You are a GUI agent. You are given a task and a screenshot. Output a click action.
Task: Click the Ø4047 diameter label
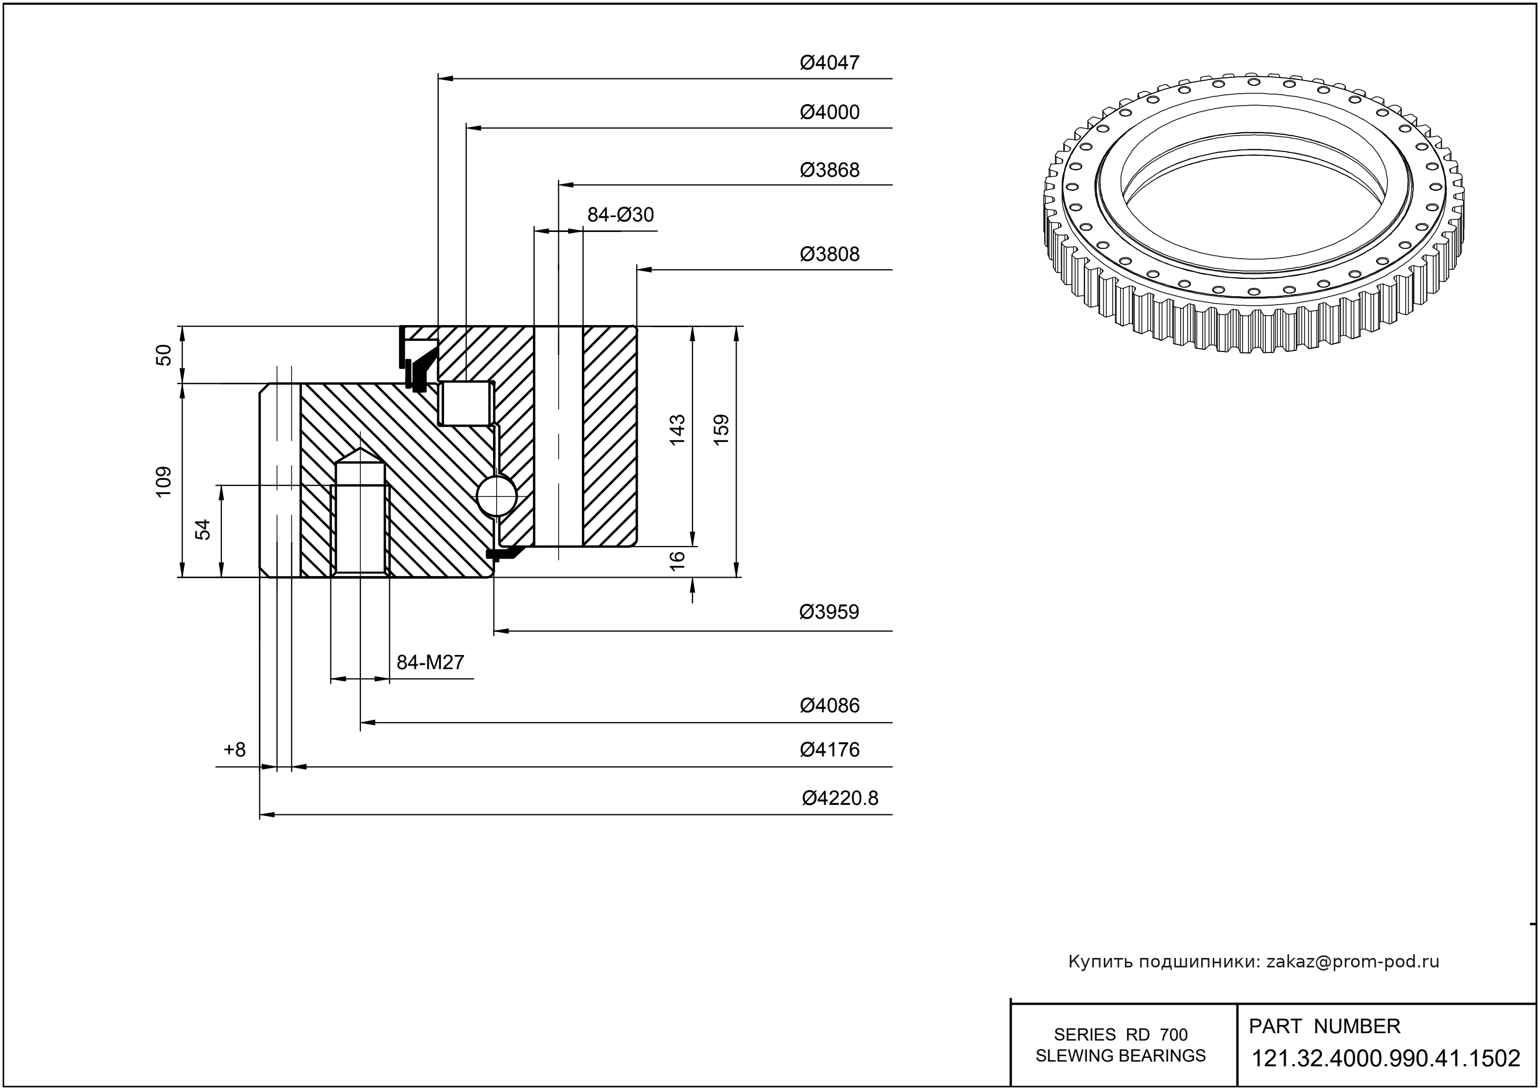(x=829, y=63)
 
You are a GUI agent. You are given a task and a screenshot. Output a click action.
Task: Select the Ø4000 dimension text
(x=829, y=112)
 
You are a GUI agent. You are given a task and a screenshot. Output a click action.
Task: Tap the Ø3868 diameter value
(x=829, y=170)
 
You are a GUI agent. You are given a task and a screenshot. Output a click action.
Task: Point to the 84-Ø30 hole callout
(x=620, y=215)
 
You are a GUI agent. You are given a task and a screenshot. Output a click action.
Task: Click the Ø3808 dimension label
(x=829, y=255)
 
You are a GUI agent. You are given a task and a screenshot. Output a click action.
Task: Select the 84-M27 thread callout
(x=430, y=662)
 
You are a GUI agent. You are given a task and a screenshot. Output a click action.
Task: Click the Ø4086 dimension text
(x=829, y=705)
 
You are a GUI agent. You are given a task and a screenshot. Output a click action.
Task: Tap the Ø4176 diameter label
(x=829, y=749)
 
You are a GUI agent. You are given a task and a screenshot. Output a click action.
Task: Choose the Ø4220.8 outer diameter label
(x=840, y=798)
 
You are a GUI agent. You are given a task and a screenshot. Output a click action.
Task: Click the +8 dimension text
(x=235, y=749)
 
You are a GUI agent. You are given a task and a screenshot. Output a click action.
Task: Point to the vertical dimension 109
(x=164, y=481)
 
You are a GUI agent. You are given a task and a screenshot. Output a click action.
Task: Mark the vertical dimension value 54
(x=203, y=530)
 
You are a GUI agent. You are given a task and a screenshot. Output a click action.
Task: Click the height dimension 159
(x=721, y=430)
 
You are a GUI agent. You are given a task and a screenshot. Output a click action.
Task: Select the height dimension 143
(x=677, y=430)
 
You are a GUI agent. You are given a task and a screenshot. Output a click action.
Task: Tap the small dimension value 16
(x=677, y=560)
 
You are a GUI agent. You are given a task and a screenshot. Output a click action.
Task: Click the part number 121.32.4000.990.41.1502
(x=1386, y=1059)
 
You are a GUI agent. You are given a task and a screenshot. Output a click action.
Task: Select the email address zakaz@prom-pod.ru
(x=1352, y=962)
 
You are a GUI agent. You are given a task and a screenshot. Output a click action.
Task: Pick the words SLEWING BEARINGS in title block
(x=1121, y=1056)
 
